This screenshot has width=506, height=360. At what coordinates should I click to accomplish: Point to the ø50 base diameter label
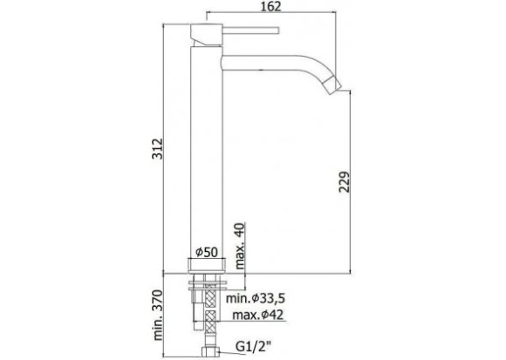(205, 253)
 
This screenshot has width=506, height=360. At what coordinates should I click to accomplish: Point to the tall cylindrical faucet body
(207, 148)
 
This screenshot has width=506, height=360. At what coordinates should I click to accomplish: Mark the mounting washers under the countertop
(208, 283)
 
